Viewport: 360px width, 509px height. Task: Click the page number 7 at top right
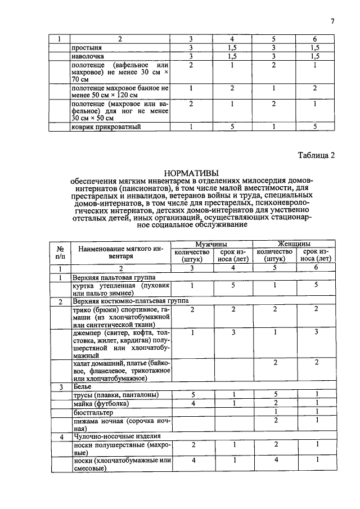(332, 22)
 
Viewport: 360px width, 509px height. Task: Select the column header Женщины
(295, 244)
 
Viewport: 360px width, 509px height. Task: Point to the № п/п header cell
(60, 251)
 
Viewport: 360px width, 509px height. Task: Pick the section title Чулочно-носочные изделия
(116, 436)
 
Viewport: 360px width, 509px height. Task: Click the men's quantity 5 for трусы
(192, 395)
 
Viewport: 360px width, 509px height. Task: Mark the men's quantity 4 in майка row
(192, 403)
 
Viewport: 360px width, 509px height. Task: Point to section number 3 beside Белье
(61, 387)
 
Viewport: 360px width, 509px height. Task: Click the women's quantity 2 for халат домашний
(276, 363)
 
